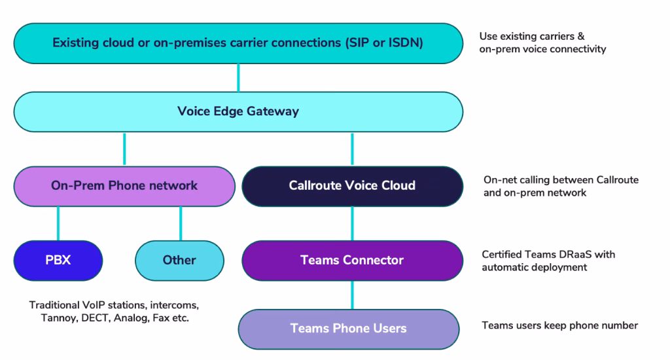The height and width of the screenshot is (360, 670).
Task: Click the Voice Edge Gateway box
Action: (x=238, y=111)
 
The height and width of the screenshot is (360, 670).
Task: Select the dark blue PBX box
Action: (x=58, y=260)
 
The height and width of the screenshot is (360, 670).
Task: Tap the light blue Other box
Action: (x=179, y=260)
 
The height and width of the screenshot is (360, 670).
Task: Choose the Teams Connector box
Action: (x=352, y=260)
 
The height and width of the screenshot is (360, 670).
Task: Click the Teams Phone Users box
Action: (x=348, y=328)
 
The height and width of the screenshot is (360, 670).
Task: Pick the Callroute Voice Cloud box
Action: (x=352, y=186)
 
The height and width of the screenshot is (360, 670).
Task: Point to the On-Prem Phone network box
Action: (x=124, y=186)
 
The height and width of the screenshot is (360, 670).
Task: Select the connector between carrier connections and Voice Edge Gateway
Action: (x=238, y=78)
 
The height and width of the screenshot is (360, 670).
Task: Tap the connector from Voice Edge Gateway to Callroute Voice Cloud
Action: (x=352, y=149)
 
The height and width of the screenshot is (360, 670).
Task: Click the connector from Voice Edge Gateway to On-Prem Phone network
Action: (x=124, y=149)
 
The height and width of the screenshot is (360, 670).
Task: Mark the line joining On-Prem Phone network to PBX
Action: (x=58, y=223)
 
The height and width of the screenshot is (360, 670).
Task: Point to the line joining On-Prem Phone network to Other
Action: (x=181, y=223)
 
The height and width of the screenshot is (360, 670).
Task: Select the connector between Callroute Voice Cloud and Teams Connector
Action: (x=352, y=223)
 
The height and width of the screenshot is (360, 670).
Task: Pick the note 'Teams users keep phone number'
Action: (x=559, y=325)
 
